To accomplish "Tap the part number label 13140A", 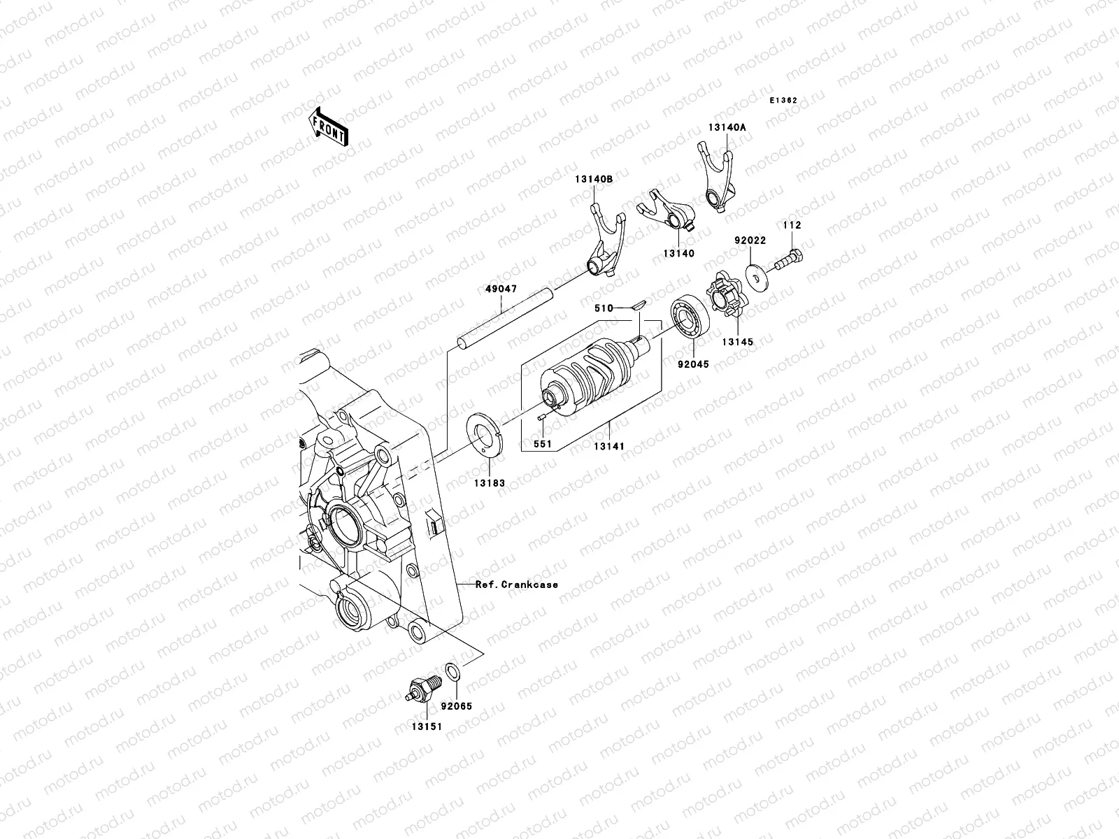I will pos(727,127).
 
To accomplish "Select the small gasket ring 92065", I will pos(452,673).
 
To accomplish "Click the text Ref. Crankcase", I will pos(517,585).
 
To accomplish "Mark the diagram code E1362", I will pos(784,101).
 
